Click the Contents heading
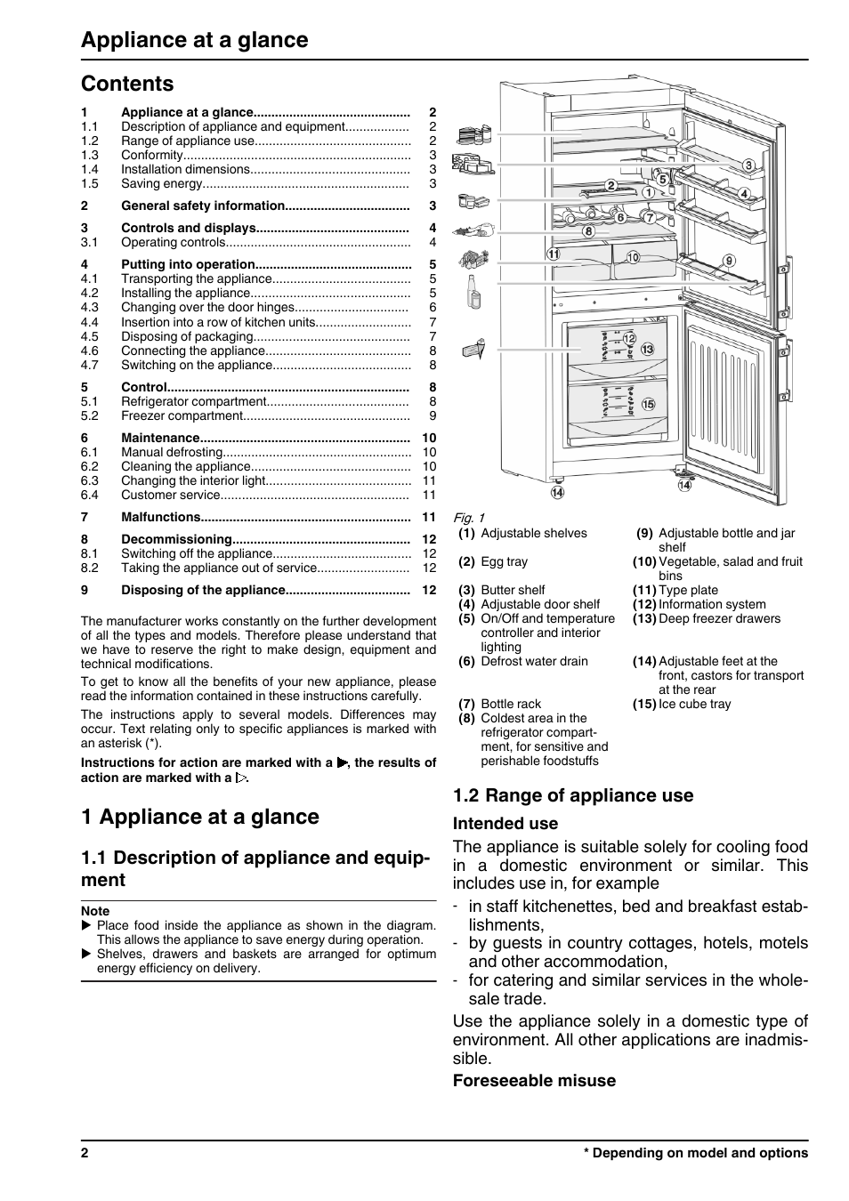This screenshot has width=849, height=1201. click(x=127, y=84)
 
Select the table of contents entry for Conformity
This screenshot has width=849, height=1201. click(x=152, y=155)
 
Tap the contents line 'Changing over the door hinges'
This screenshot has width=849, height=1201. click(x=207, y=307)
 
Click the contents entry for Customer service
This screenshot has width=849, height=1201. click(x=170, y=495)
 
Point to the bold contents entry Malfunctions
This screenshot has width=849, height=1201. click(x=161, y=517)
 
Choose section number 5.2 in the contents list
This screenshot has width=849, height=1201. click(x=90, y=415)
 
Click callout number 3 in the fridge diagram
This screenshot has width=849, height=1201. click(x=748, y=165)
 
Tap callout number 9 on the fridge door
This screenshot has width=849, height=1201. click(x=729, y=261)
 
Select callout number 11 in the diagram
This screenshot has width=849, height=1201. click(x=554, y=254)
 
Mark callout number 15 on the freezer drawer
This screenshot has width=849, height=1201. click(x=648, y=404)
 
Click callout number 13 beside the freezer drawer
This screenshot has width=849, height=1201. click(x=647, y=350)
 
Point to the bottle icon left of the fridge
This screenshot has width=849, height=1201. click(x=474, y=291)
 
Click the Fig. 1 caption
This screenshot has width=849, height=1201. click(x=468, y=518)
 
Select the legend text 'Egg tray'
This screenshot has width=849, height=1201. click(x=504, y=561)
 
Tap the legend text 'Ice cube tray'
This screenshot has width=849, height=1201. click(x=694, y=704)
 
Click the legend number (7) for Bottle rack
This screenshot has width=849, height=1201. click(x=467, y=704)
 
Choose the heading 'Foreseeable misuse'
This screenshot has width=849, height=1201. click(x=534, y=1081)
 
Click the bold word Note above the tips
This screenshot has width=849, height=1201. click(x=95, y=911)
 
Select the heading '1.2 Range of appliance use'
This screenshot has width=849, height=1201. click(x=572, y=795)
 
